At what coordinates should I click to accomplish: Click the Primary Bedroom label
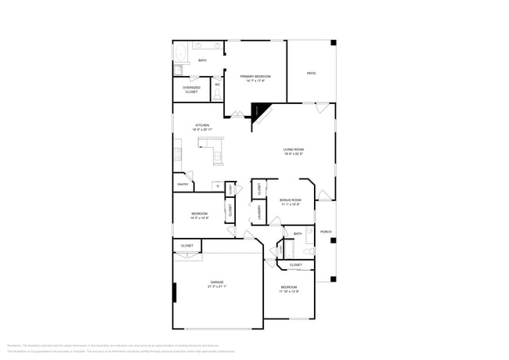pos(256,77)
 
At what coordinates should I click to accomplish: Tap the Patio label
pos(311,73)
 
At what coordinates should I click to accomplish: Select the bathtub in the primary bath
pos(179,55)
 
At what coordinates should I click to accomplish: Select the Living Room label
pos(294,149)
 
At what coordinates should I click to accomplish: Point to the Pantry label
pos(182,185)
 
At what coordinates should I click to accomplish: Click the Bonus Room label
pos(291,200)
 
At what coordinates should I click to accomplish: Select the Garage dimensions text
pos(216,286)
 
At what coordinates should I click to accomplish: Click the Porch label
pos(326,232)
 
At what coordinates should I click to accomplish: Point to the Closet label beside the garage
pos(187,246)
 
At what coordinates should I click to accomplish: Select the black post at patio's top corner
pos(333,42)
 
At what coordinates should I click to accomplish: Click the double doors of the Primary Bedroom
pos(237,116)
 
